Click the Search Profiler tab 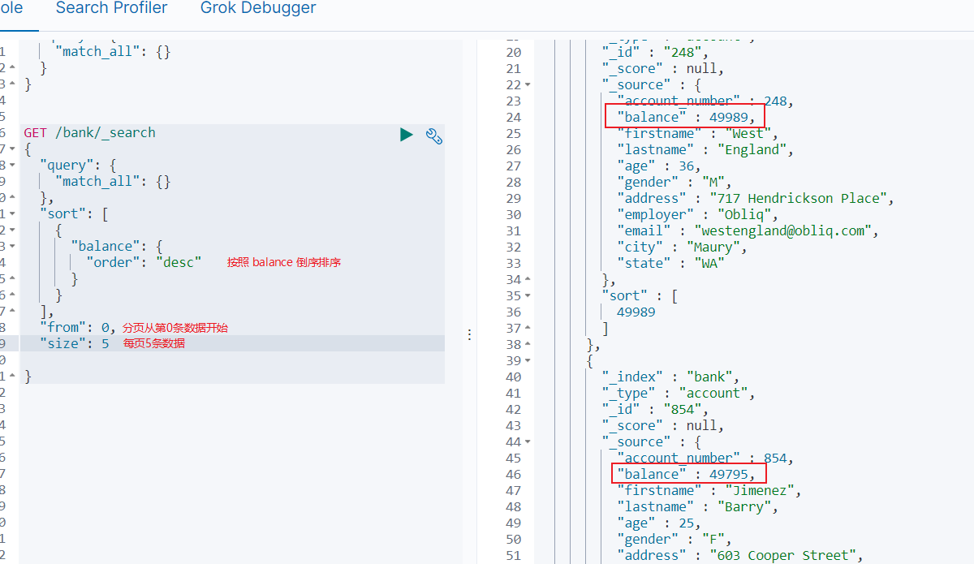[111, 8]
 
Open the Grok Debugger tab [258, 8]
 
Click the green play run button [407, 134]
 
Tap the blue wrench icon [434, 136]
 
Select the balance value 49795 [733, 474]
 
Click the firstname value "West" [748, 133]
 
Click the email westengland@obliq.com [785, 230]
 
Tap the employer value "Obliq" [747, 214]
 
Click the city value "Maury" [717, 247]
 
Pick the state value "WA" [709, 263]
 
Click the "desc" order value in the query [179, 262]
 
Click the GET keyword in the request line [35, 132]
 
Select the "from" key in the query [63, 327]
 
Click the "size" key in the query [63, 343]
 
